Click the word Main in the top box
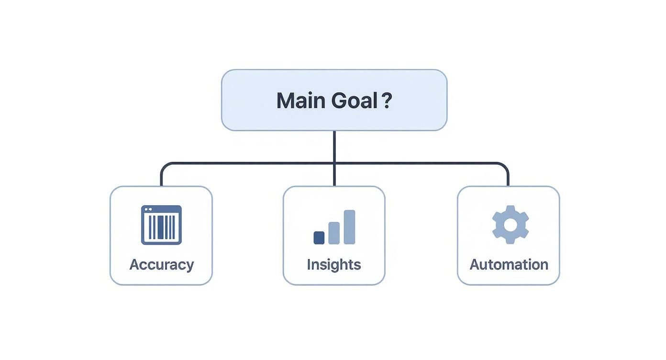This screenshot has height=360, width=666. point(301,101)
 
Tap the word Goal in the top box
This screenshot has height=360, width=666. point(355,101)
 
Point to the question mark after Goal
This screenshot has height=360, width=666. point(387,100)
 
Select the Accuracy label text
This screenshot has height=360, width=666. point(161,265)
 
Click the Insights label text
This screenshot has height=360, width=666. point(334,264)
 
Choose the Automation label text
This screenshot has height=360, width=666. point(509,265)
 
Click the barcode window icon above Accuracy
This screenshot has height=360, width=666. point(161,225)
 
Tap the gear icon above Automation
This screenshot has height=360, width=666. point(511,225)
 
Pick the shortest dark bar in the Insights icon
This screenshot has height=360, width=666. point(319,238)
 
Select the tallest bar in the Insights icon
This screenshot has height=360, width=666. point(349,227)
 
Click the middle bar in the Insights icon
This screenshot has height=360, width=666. point(334,233)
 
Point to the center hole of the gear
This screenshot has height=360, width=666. point(511,225)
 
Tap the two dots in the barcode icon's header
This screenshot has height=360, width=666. point(148,210)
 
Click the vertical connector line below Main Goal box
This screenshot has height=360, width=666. point(334,158)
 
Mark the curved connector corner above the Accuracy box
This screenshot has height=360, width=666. point(166,167)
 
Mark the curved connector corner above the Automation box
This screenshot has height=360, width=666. point(504,167)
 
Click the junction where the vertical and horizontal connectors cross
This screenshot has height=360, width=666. point(334,163)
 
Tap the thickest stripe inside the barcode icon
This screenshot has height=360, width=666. point(161,227)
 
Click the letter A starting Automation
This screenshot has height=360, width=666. point(476,265)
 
